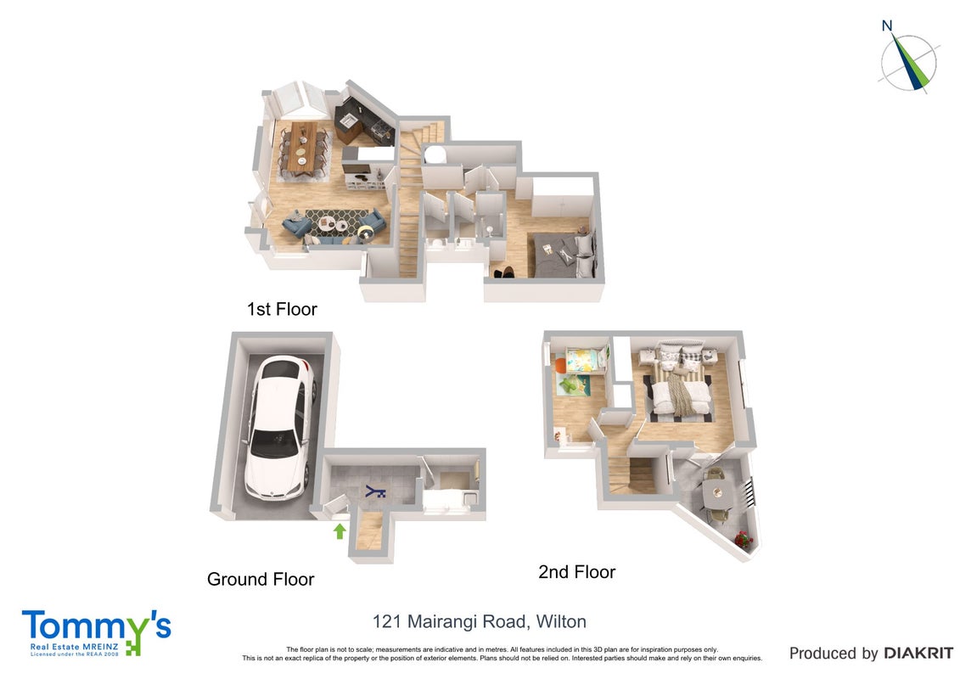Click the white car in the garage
tap(280, 428)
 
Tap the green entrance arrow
tap(340, 530)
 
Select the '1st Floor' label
tap(282, 309)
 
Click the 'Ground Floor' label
tap(261, 579)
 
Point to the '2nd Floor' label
tap(576, 572)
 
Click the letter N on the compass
tap(886, 25)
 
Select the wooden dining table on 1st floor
tap(302, 146)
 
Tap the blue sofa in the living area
tap(334, 227)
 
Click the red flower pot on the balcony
tap(743, 540)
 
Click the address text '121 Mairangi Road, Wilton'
tap(480, 622)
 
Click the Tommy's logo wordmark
tap(97, 626)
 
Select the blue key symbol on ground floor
tap(374, 491)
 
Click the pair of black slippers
tap(504, 272)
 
